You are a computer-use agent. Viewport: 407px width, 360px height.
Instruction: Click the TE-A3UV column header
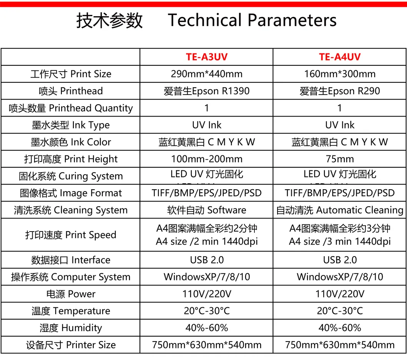(x=206, y=57)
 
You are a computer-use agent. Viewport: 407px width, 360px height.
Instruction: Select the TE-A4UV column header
(x=340, y=57)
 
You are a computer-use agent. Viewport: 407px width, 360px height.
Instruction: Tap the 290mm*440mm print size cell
(x=206, y=74)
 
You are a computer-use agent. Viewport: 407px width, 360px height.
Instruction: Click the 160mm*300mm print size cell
(x=340, y=74)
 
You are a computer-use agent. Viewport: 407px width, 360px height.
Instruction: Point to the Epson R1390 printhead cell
(x=206, y=91)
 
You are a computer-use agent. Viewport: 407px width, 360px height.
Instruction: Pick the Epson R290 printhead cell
(x=340, y=91)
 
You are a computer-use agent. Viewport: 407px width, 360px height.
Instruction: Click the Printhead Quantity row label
(x=71, y=108)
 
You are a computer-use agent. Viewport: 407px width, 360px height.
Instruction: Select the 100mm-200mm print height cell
(x=206, y=159)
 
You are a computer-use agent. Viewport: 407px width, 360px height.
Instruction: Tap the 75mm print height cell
(x=340, y=159)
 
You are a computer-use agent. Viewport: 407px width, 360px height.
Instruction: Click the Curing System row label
(x=71, y=176)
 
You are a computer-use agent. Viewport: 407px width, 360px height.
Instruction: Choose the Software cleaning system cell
(x=206, y=210)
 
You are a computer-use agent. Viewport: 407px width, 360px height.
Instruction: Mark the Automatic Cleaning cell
(x=340, y=210)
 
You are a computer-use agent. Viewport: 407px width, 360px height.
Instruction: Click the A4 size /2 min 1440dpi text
(x=206, y=241)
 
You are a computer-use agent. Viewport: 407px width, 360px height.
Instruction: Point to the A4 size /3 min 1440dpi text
(x=340, y=241)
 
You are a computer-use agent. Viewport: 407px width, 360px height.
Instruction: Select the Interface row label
(x=71, y=260)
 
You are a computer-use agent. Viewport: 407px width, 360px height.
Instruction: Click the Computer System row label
(x=71, y=277)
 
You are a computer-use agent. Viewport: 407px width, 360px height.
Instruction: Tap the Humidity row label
(x=71, y=328)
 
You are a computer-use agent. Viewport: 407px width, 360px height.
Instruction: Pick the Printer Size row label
(x=71, y=345)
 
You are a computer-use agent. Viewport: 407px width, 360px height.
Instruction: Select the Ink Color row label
(x=71, y=142)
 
